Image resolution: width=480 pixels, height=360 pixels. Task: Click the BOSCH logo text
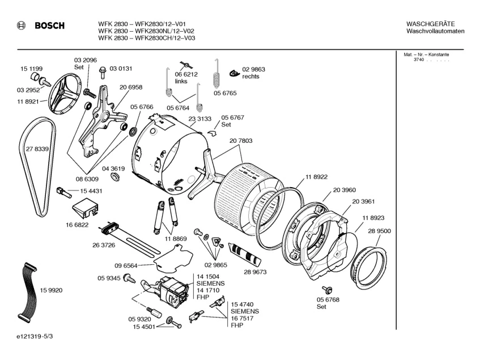[49, 26]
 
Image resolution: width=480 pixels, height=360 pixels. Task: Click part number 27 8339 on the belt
[37, 149]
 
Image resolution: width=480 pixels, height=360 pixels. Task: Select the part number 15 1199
[32, 69]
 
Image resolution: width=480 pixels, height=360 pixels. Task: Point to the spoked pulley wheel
[65, 99]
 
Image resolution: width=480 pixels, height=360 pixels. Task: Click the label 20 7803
[241, 141]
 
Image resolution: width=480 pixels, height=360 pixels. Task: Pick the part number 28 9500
[379, 231]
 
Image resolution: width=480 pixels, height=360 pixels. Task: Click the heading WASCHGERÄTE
[431, 23]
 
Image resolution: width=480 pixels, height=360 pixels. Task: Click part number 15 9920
[51, 291]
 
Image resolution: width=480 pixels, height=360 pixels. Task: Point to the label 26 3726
[103, 245]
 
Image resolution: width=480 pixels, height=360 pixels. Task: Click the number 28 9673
[255, 272]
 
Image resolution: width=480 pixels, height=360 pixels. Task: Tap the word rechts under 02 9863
[251, 77]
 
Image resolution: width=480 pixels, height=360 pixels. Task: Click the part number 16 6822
[77, 225]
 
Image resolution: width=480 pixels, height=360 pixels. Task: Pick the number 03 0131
[121, 69]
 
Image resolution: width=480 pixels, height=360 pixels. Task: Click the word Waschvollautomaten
[435, 31]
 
